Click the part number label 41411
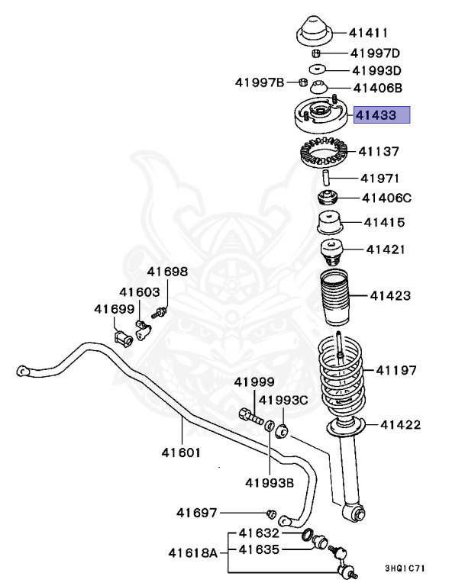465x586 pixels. click(369, 33)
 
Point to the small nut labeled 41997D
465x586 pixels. click(316, 53)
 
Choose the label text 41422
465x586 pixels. click(400, 424)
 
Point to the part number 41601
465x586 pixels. click(181, 452)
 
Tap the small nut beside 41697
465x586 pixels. click(270, 512)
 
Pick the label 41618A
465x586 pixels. click(193, 551)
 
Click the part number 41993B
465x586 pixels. click(270, 482)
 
